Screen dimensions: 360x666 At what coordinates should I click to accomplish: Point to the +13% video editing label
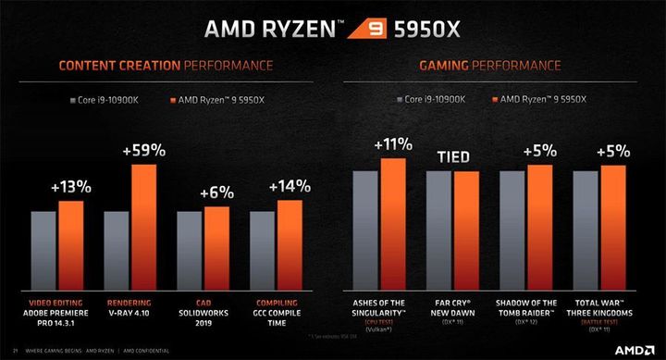71,186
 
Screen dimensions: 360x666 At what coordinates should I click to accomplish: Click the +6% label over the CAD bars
216,192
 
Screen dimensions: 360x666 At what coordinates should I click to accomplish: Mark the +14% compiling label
289,186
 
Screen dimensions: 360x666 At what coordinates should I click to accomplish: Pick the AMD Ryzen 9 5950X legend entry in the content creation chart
217,97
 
